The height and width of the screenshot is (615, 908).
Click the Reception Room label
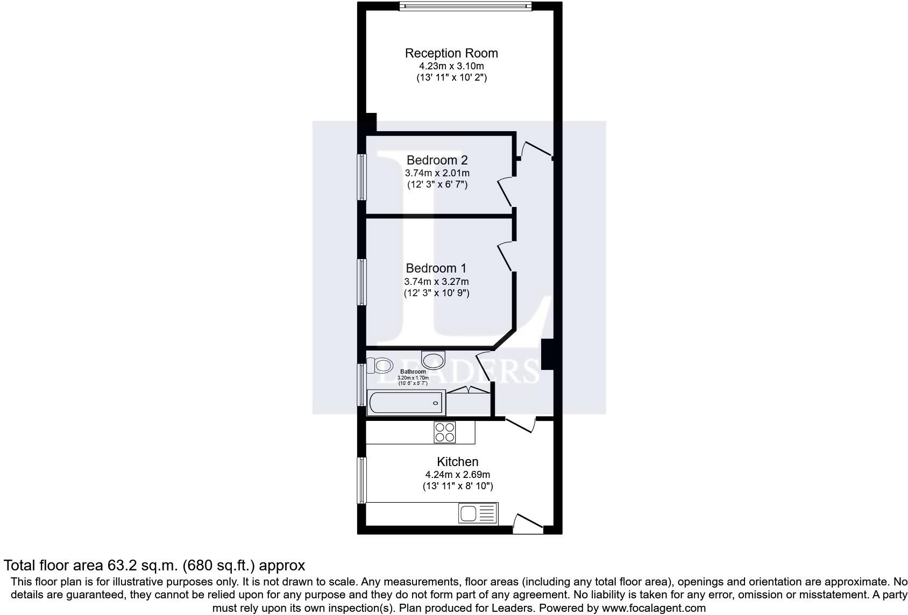coord(451,53)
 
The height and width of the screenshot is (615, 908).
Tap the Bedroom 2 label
coord(437,160)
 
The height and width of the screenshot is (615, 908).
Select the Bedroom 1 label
coord(436,268)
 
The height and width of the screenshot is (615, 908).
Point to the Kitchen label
coord(458,461)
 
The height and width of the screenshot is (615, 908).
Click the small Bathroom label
coord(413,371)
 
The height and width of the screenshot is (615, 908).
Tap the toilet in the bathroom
coord(380,366)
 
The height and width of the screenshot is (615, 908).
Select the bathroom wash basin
coord(434,360)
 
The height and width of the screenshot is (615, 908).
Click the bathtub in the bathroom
coord(406,403)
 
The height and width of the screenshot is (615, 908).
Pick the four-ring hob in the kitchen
coord(445,432)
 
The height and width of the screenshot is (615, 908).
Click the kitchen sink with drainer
coord(478,514)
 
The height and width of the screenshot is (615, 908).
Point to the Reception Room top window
coord(465,6)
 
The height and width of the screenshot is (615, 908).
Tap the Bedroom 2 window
coord(361,177)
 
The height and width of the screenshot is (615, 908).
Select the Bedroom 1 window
coord(361,282)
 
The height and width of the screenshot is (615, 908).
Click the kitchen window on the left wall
coord(361,480)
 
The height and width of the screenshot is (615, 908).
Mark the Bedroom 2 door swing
coord(505,191)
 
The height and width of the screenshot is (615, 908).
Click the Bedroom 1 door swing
coord(506,256)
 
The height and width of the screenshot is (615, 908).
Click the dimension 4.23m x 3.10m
coord(451,66)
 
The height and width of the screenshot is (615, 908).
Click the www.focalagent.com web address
coord(654,607)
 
